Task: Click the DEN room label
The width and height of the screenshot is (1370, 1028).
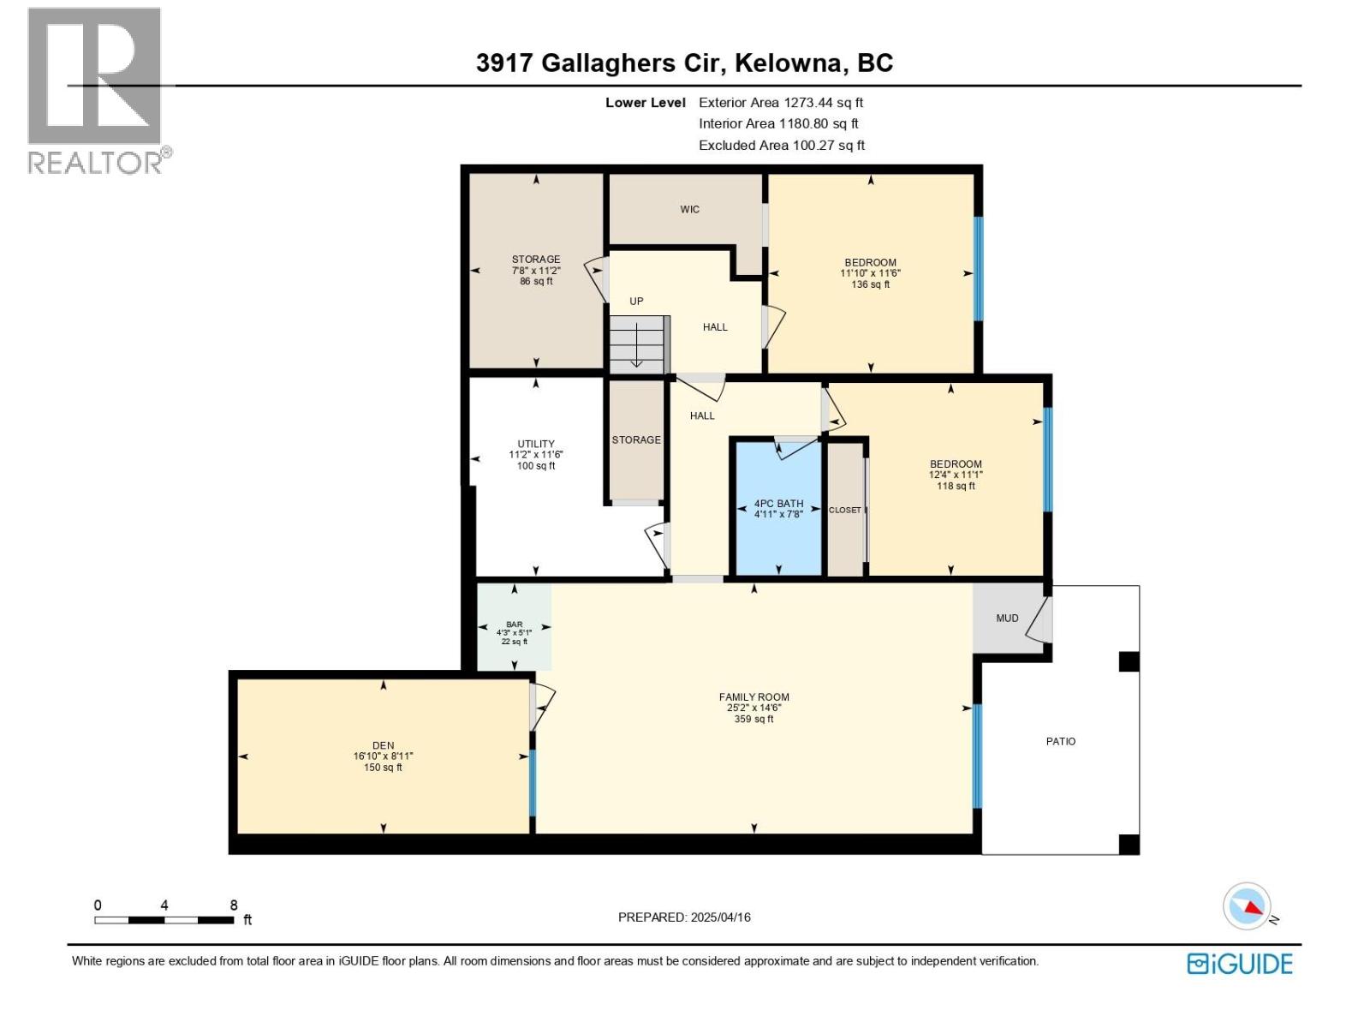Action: pyautogui.click(x=383, y=745)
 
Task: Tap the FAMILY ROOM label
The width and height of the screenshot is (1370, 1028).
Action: pyautogui.click(x=753, y=697)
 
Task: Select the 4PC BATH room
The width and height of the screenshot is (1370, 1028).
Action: pyautogui.click(x=778, y=509)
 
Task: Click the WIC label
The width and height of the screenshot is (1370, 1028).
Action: pyautogui.click(x=689, y=209)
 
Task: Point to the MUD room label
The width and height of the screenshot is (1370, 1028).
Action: pyautogui.click(x=1007, y=618)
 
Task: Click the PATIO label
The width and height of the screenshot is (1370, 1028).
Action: pyautogui.click(x=1060, y=741)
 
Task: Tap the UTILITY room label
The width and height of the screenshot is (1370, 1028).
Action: pyautogui.click(x=536, y=444)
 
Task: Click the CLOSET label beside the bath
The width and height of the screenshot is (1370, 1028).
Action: pyautogui.click(x=845, y=510)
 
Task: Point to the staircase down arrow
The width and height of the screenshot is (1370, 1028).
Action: pyautogui.click(x=636, y=348)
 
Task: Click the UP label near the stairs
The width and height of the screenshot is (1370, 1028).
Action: pyautogui.click(x=636, y=301)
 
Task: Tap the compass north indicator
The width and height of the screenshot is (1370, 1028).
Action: pyautogui.click(x=1248, y=905)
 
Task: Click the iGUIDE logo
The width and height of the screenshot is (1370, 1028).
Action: pyautogui.click(x=1239, y=964)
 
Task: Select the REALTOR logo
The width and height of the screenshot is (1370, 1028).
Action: pyautogui.click(x=96, y=90)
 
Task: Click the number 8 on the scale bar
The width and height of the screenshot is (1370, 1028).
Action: pyautogui.click(x=234, y=905)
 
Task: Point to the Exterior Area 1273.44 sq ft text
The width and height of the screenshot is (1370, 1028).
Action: pyautogui.click(x=781, y=102)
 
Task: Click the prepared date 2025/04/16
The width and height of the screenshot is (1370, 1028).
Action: pyautogui.click(x=719, y=917)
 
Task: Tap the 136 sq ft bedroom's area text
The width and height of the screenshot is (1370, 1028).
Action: pyautogui.click(x=870, y=284)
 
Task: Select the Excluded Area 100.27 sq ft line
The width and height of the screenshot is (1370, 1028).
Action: pyautogui.click(x=781, y=145)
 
